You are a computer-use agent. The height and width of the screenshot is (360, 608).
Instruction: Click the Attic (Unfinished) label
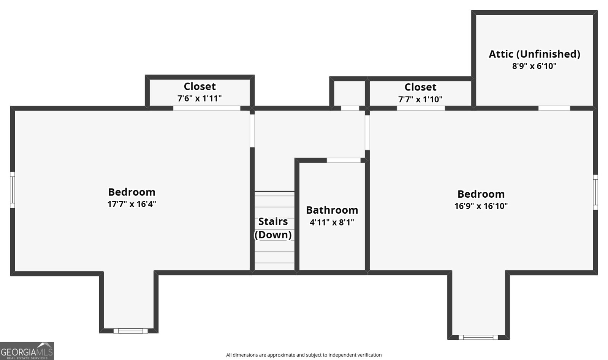[534, 54]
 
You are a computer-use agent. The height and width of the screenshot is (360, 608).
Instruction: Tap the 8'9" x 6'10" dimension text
[534, 66]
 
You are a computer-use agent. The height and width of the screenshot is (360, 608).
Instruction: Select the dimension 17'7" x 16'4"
[131, 204]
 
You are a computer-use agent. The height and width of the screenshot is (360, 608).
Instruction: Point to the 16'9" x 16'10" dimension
[481, 206]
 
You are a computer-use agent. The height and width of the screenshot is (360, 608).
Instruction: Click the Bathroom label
[332, 210]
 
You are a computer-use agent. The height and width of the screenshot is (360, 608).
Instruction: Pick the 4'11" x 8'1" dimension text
[332, 222]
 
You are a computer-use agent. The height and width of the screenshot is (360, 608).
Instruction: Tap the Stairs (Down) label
[273, 228]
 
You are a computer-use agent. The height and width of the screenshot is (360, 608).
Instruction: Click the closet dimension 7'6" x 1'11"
[199, 98]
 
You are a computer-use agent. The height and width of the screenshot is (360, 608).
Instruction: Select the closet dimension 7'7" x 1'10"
[420, 99]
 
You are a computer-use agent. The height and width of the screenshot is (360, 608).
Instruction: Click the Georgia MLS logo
[27, 351]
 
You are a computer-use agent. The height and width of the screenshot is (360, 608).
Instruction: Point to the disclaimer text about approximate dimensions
[304, 355]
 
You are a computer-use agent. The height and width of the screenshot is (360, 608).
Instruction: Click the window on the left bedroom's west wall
[13, 190]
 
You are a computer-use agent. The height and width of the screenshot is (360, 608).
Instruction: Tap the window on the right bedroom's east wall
[595, 192]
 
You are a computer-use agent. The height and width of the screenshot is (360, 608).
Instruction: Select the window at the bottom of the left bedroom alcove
[131, 331]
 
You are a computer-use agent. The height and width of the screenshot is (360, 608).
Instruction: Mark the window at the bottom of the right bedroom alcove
[478, 338]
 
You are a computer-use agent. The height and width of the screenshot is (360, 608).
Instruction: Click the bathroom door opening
[344, 160]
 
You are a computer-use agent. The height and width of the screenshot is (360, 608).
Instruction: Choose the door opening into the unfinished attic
[554, 108]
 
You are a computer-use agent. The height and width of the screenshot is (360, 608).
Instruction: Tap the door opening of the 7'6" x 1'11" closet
[207, 108]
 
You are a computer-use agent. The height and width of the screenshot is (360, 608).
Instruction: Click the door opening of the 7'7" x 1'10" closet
[421, 108]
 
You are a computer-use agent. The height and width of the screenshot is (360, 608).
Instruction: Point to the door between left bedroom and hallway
[252, 131]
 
